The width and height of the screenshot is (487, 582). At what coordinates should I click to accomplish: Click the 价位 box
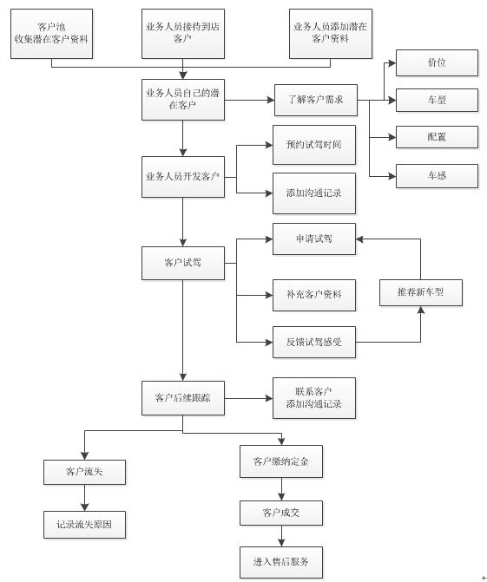pos(437,62)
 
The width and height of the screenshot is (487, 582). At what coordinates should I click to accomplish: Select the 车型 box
pos(437,101)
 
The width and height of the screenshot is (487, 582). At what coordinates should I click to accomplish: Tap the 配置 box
pos(437,137)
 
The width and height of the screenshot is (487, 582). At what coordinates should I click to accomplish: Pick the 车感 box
pos(437,176)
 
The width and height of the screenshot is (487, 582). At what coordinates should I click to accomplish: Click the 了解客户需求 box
pos(316,101)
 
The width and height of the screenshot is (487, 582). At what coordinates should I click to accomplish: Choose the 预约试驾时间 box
pos(314,145)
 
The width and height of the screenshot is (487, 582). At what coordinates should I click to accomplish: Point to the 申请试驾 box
pos(314,239)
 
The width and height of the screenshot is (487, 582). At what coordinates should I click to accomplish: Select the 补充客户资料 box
pos(314,295)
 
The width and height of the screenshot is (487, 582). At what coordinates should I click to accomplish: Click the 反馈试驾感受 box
pos(314,343)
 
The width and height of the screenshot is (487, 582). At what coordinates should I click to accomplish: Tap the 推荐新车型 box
pos(421,292)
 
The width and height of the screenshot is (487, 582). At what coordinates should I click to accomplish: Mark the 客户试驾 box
pos(183,263)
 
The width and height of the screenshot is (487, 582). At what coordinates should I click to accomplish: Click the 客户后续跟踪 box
pos(183,398)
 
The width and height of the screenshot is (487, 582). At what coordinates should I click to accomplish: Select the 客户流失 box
pos(85,472)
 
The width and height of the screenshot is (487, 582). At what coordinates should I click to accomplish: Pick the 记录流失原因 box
pos(85,525)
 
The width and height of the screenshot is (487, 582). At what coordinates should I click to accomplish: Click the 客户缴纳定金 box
pos(281,461)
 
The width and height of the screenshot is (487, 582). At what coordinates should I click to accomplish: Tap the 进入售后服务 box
pos(281,562)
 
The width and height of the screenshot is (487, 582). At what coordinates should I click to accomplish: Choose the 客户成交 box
pos(281,513)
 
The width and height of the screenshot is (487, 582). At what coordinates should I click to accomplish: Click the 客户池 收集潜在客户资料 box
pos(51,34)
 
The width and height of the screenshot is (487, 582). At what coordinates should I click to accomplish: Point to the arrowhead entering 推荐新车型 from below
pos(421,310)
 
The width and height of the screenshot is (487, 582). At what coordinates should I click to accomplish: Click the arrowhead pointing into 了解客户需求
pos(271,101)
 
